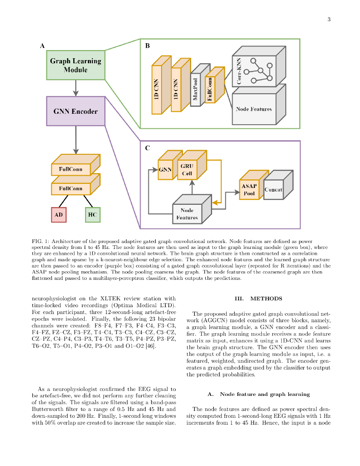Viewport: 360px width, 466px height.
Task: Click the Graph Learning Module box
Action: pyautogui.click(x=76, y=65)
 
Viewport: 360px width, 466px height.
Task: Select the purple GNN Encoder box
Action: pyautogui.click(x=76, y=111)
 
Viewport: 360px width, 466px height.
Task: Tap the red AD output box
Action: pyautogui.click(x=59, y=214)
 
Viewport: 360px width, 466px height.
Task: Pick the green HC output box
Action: pyautogui.click(x=92, y=214)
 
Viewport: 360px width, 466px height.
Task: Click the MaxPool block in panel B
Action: pyautogui.click(x=195, y=89)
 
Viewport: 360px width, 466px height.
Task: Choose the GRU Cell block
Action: pyautogui.click(x=187, y=170)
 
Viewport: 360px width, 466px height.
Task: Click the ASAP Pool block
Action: pyautogui.click(x=249, y=190)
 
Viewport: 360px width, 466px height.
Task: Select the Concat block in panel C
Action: pyautogui.click(x=273, y=189)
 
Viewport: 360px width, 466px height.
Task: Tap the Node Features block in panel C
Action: pyautogui.click(x=187, y=214)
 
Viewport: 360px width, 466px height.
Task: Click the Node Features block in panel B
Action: pyautogui.click(x=254, y=109)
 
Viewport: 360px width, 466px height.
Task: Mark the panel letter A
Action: pyautogui.click(x=42, y=46)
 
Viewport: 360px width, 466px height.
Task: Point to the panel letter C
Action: pyautogui.click(x=147, y=148)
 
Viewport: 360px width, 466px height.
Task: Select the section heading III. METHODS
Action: pyautogui.click(x=258, y=299)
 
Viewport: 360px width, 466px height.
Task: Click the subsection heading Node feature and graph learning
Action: pyautogui.click(x=258, y=394)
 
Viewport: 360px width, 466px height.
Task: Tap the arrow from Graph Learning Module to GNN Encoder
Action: pyautogui.click(x=76, y=88)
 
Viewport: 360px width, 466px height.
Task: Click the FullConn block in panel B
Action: pyautogui.click(x=210, y=88)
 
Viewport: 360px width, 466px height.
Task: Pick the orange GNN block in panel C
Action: pyautogui.click(x=165, y=170)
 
